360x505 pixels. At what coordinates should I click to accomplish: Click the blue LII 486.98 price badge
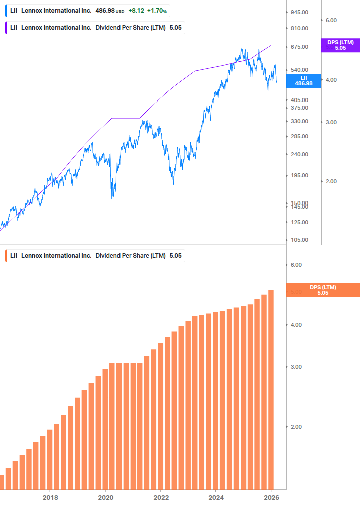coord(303,81)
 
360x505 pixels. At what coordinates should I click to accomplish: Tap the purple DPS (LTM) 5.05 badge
coord(340,45)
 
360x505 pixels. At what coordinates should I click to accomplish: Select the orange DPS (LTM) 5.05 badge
coord(322,290)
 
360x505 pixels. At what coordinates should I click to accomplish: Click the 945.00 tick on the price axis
coord(299,12)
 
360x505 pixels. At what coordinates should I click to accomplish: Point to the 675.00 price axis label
coord(299,47)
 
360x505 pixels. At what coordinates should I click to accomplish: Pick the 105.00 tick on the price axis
coord(299,240)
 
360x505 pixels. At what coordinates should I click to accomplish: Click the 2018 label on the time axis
coord(50,497)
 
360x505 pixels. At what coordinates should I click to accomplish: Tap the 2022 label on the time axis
coord(161,497)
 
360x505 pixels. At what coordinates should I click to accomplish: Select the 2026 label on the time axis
coord(271,497)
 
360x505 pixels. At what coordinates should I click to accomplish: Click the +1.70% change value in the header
coord(157,10)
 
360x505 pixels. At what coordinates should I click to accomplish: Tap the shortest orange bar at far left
coord(2,482)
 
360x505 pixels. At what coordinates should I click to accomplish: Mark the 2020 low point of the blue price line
coord(111,198)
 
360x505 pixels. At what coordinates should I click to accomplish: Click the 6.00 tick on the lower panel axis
coord(296,265)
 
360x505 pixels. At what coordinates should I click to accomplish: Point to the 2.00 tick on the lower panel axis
coord(296,427)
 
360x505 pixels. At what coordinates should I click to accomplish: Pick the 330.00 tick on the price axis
coord(299,121)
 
